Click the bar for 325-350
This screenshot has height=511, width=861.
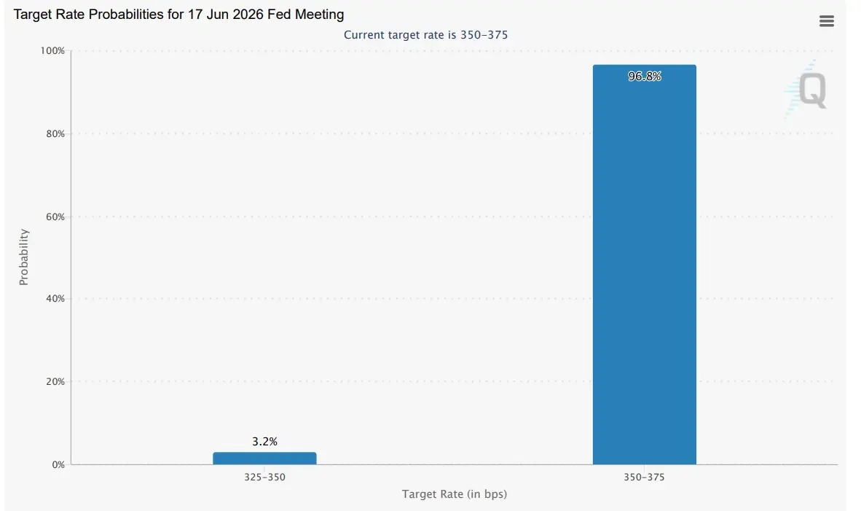tap(264, 459)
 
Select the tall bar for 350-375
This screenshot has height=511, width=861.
tap(644, 265)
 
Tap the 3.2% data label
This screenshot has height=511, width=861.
tap(264, 441)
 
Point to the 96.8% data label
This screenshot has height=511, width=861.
tap(645, 77)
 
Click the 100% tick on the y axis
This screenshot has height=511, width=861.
tap(52, 50)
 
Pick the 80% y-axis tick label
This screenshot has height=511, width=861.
tap(55, 133)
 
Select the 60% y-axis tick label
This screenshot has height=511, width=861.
tap(55, 217)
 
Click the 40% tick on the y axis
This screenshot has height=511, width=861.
tap(55, 298)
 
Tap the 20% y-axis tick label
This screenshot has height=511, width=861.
tap(55, 381)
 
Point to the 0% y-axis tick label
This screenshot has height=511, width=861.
tap(58, 464)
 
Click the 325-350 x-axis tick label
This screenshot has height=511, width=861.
tap(264, 477)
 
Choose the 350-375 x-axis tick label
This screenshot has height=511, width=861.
tap(644, 477)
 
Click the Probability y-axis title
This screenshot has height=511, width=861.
tap(23, 257)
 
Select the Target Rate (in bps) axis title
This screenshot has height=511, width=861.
tap(454, 494)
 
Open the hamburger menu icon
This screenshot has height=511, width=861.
tap(827, 21)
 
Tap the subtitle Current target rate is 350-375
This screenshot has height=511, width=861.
tap(425, 35)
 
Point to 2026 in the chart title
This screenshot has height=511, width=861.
tap(248, 15)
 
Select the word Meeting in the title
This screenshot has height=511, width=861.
tap(320, 15)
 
